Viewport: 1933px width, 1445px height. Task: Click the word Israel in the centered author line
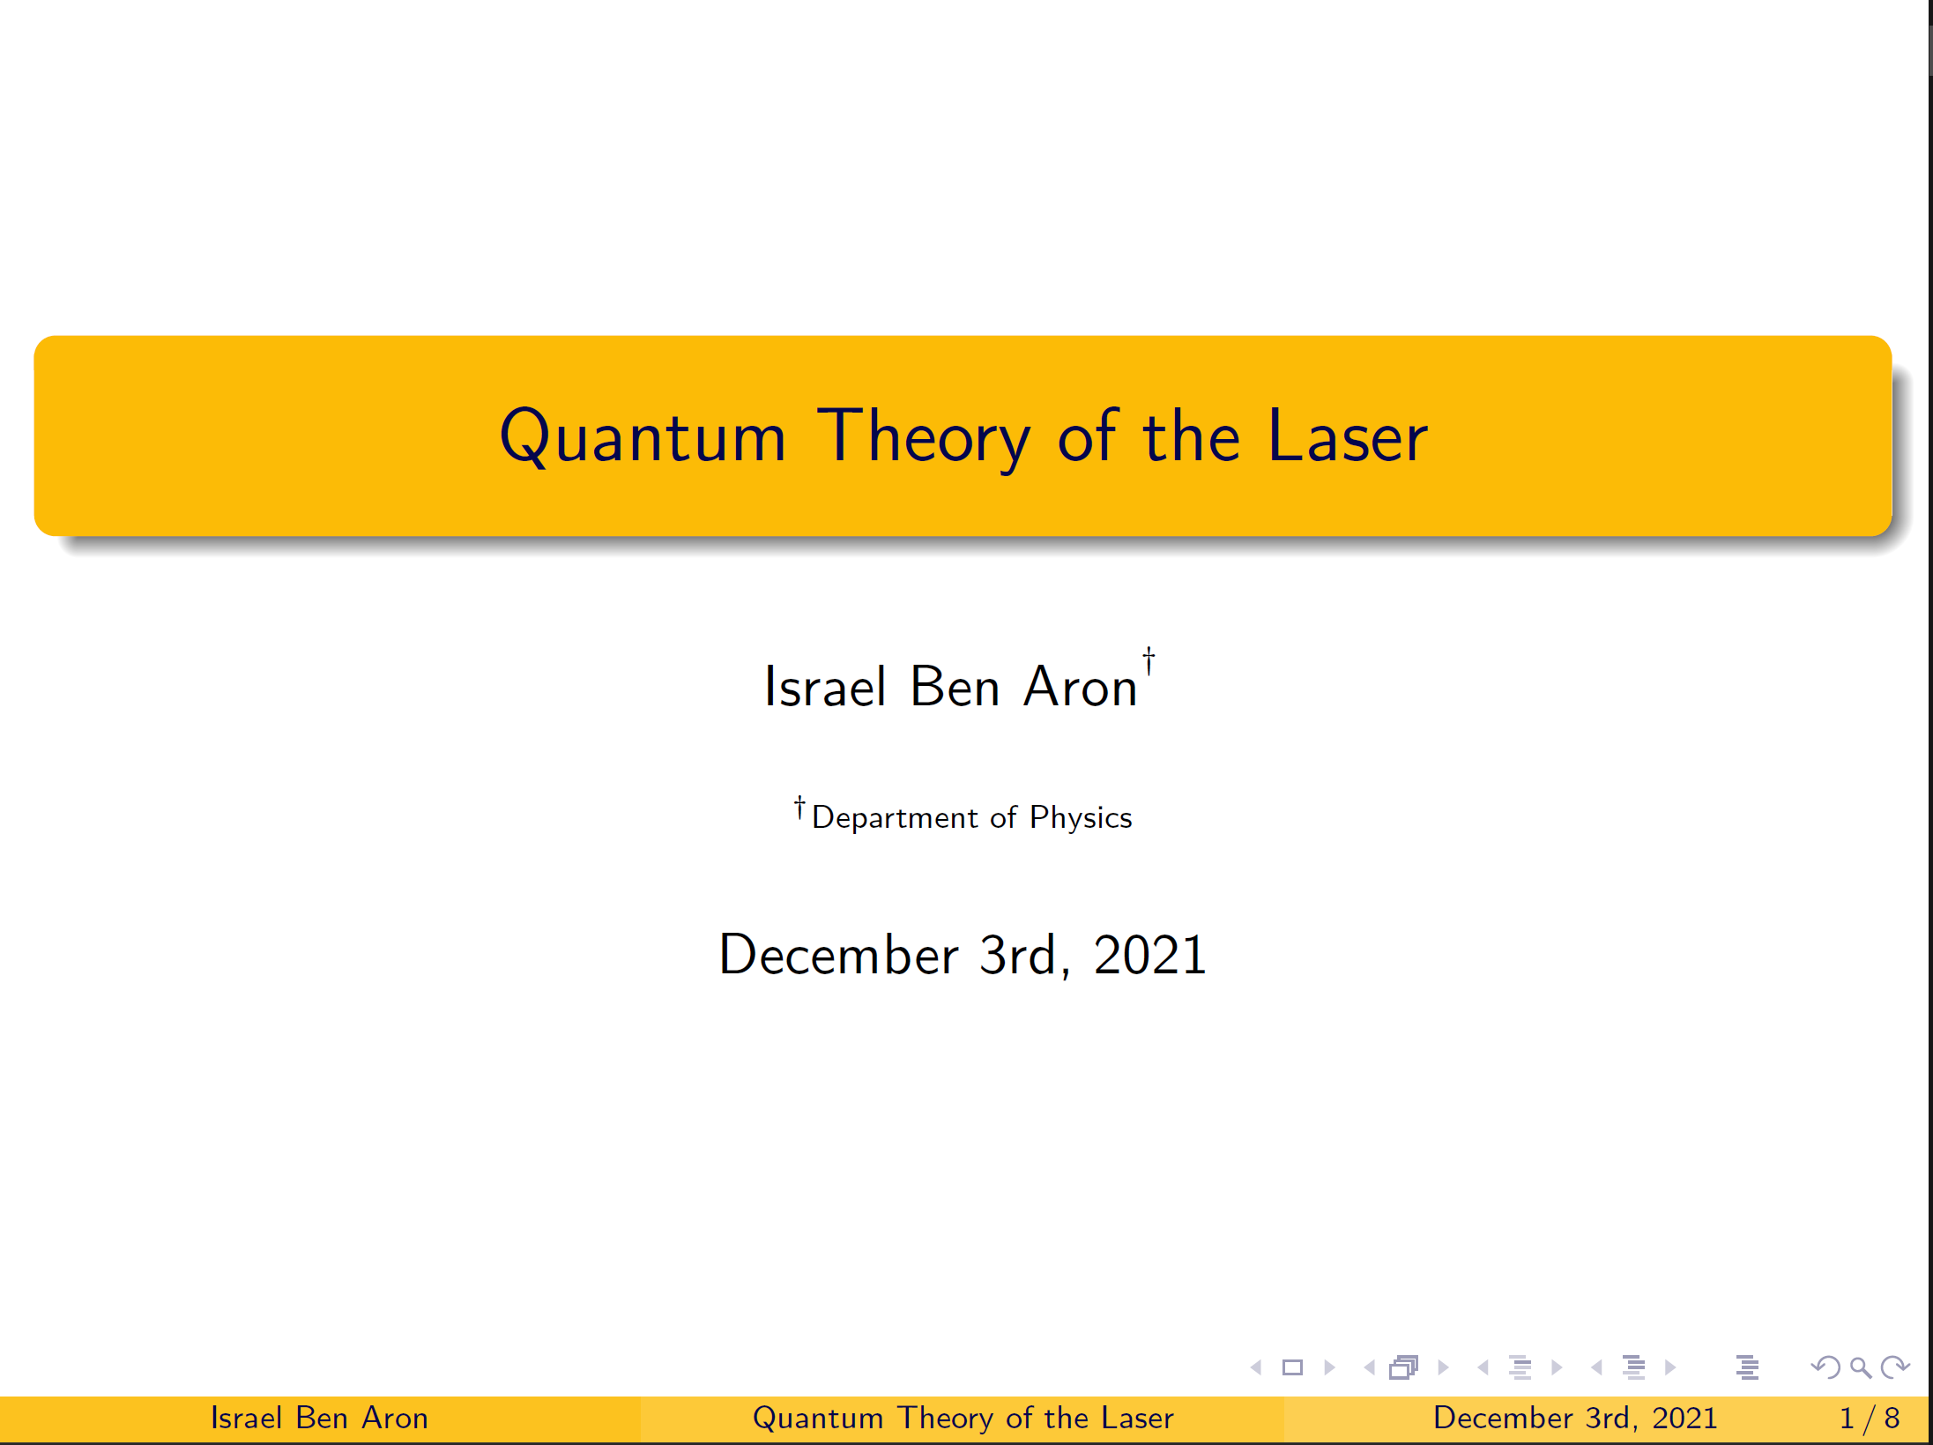(x=825, y=686)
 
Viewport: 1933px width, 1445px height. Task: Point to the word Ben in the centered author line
(x=955, y=686)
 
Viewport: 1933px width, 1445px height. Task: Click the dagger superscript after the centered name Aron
(x=1149, y=661)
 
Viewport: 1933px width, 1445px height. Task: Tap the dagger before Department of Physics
(x=799, y=808)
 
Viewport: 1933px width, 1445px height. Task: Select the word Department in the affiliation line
(x=895, y=817)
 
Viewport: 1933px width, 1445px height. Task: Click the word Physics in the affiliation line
(x=1081, y=817)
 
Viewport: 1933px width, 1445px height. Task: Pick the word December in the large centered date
(x=839, y=954)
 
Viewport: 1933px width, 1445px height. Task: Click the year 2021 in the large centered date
(x=1149, y=954)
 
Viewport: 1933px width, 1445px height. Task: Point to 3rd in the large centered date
(x=1019, y=954)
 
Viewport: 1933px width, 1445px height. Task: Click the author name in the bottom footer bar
(x=319, y=1418)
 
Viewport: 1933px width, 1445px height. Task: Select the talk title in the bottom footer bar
(x=963, y=1418)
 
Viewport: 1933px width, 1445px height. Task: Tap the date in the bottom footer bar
(x=1575, y=1418)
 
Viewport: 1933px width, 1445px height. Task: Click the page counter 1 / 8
(x=1869, y=1418)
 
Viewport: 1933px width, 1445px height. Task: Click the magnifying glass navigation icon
(x=1861, y=1367)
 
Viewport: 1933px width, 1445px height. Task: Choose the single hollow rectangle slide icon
(x=1292, y=1367)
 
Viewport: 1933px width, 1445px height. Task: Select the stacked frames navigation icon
(x=1403, y=1367)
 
